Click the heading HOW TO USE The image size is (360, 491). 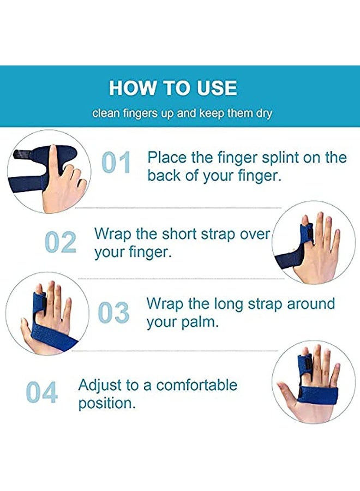[x=173, y=88]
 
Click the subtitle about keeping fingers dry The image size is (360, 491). [x=182, y=114]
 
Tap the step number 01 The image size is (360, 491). [x=117, y=163]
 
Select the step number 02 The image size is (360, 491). [x=60, y=242]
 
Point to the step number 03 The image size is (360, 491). [x=113, y=313]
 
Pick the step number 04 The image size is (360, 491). [x=41, y=393]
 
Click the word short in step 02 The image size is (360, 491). [x=180, y=234]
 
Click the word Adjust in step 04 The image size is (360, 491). [x=100, y=385]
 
